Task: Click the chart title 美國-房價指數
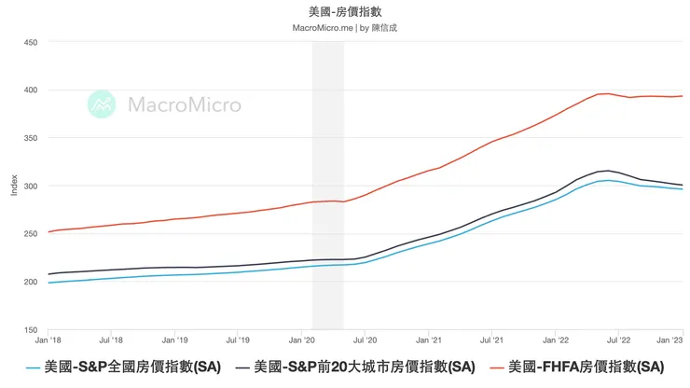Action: click(x=344, y=11)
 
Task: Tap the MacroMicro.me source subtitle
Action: click(x=344, y=28)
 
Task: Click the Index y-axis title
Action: click(x=13, y=186)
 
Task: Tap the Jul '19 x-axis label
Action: click(x=239, y=341)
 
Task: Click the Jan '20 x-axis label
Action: click(x=302, y=341)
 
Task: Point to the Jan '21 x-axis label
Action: click(x=429, y=341)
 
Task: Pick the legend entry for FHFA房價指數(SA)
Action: click(x=582, y=367)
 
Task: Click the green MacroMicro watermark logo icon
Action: click(x=102, y=104)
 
